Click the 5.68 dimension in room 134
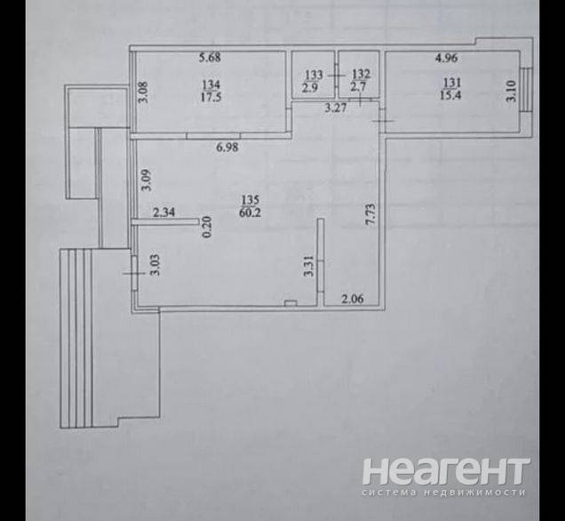point(210,57)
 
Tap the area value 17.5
point(211,97)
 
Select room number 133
point(314,75)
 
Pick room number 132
point(361,75)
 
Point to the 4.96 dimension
point(447,58)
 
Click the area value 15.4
point(450,95)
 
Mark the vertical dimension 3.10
point(512,92)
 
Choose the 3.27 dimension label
point(336,108)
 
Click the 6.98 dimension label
point(227,147)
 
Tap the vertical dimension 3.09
point(147,180)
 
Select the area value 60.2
point(250,212)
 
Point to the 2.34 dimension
point(164,212)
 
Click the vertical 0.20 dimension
point(208,227)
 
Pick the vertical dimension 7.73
point(370,215)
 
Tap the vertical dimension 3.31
point(309,266)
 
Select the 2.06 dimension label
point(353,299)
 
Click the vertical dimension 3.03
point(156,265)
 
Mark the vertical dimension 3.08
point(143,92)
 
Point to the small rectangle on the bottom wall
point(290,303)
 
